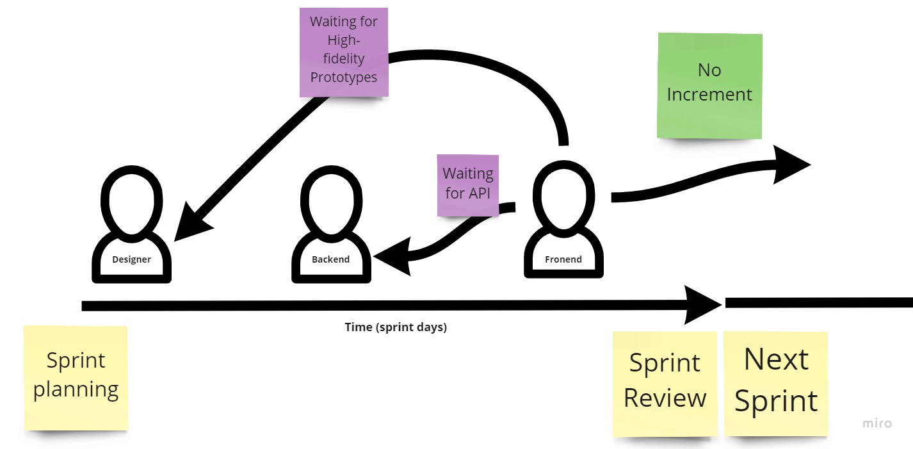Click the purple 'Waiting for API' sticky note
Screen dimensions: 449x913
[468, 184]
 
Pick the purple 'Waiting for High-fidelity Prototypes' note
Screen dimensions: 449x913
[344, 52]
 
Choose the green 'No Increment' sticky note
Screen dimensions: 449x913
[709, 85]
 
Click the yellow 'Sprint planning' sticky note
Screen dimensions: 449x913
[76, 377]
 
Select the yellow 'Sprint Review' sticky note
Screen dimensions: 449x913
[665, 382]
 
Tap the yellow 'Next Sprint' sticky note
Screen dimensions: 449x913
[776, 382]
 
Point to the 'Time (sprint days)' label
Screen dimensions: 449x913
[396, 327]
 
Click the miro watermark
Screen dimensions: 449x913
[877, 423]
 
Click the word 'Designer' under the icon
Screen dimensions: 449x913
[131, 259]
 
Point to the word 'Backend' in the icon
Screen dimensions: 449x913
[330, 259]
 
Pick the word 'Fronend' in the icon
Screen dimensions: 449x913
[563, 259]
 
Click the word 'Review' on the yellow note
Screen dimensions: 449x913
[665, 398]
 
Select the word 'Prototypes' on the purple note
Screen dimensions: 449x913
[344, 77]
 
